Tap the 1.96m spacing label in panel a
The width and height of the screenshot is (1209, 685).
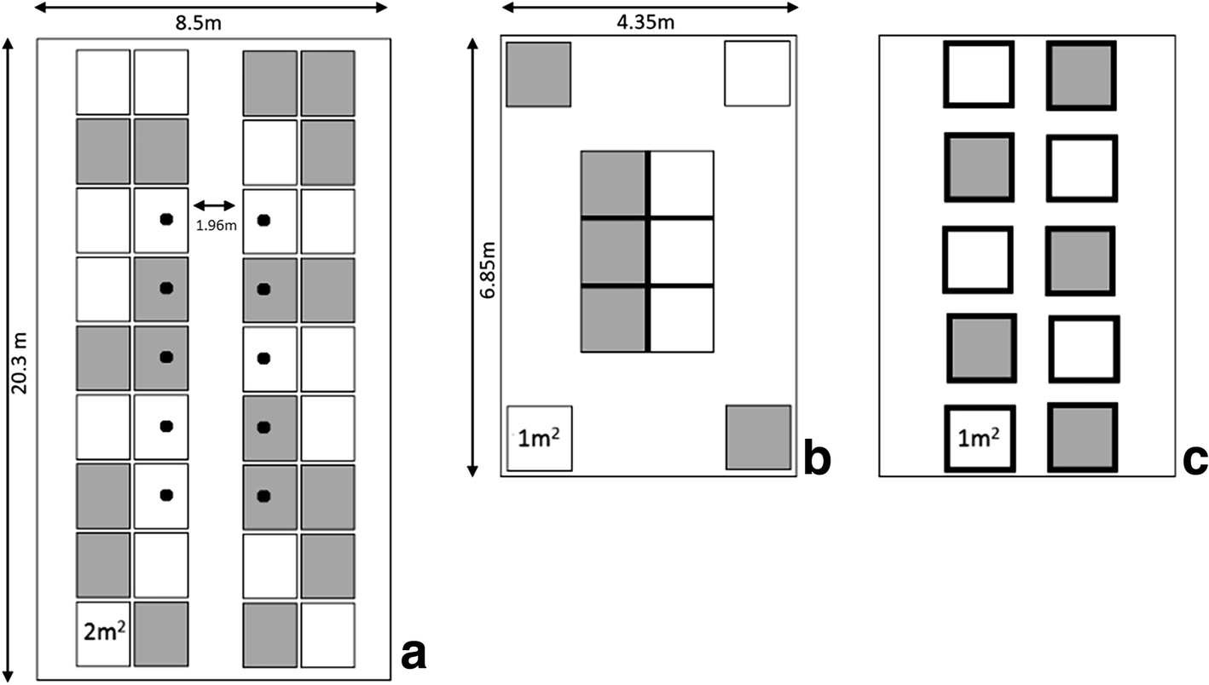tap(214, 225)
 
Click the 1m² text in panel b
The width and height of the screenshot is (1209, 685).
tap(539, 440)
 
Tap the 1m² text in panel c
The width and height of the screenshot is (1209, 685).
tap(978, 440)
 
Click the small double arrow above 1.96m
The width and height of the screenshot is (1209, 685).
tap(214, 205)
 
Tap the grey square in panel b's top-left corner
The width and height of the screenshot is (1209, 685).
tap(539, 74)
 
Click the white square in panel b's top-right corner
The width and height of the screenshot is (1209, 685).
tap(757, 74)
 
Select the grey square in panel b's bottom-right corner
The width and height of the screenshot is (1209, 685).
tap(758, 438)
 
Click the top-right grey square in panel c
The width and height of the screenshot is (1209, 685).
tap(1080, 75)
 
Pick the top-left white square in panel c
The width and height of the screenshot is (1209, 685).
tap(978, 75)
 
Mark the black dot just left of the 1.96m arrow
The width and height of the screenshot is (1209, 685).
tap(166, 220)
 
